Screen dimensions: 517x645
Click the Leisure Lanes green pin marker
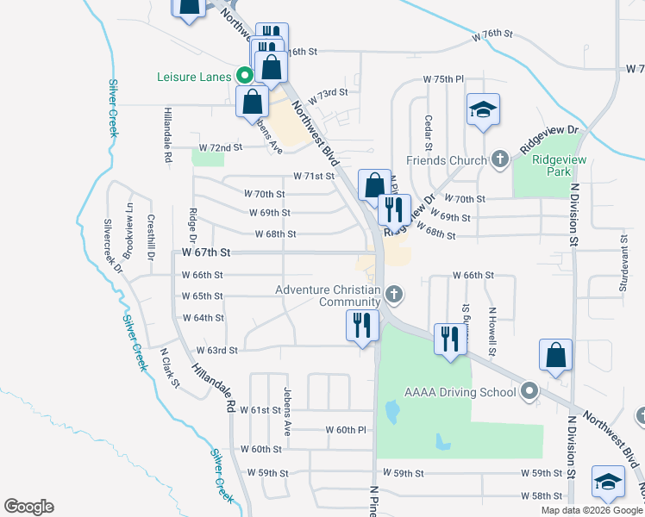click(x=244, y=76)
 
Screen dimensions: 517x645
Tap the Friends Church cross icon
click(x=499, y=159)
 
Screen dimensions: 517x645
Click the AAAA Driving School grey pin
click(x=529, y=392)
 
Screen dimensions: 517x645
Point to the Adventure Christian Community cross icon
click(x=393, y=296)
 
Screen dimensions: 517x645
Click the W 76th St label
click(x=492, y=34)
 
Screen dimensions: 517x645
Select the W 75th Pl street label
click(x=443, y=78)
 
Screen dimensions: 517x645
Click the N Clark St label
click(x=169, y=367)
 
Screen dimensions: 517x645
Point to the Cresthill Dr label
click(x=150, y=238)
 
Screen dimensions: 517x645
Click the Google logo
click(x=28, y=507)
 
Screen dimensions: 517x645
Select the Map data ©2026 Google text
click(x=592, y=510)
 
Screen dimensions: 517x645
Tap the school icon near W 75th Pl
click(x=484, y=109)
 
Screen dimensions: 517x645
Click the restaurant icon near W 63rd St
click(x=361, y=325)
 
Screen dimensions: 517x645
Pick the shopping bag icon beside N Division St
click(x=556, y=354)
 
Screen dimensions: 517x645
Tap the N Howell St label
click(x=492, y=332)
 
